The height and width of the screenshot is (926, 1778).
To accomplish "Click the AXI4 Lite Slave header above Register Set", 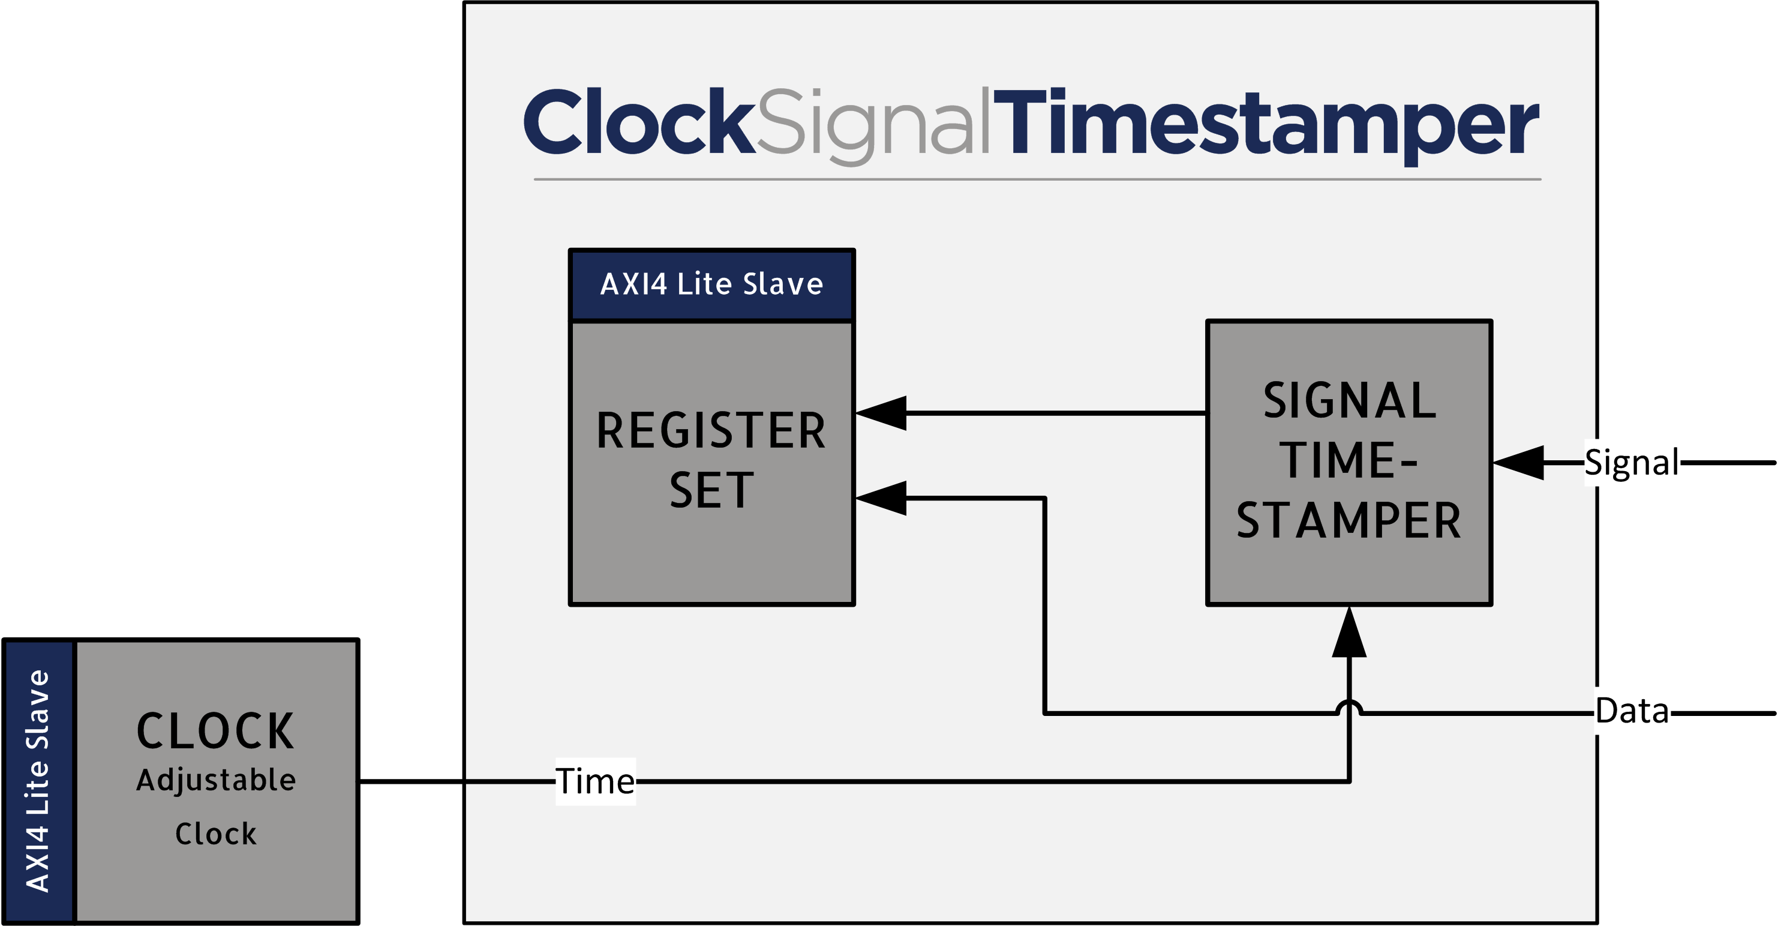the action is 711,284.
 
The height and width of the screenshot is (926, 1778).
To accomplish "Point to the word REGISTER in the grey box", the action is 711,431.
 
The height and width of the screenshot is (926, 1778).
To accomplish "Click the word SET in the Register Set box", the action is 711,491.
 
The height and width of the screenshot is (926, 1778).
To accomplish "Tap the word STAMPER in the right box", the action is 1349,521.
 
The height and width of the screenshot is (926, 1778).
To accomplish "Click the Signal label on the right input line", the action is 1632,462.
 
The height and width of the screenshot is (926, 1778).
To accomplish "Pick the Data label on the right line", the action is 1632,711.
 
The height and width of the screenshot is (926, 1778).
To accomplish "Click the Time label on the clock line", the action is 595,782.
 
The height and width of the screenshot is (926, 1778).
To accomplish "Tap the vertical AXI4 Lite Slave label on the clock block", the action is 37,781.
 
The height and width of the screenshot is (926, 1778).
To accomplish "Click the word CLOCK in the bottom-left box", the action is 215,732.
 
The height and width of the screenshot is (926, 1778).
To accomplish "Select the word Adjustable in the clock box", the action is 216,781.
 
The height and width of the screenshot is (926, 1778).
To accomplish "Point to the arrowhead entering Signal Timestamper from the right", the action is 1518,463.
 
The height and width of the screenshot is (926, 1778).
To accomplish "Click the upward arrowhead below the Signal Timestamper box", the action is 1349,632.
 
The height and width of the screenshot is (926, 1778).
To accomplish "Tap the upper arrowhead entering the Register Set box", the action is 881,413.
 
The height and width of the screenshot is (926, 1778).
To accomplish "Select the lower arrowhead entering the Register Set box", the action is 881,498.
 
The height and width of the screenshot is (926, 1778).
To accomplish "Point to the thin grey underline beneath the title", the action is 1037,179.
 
